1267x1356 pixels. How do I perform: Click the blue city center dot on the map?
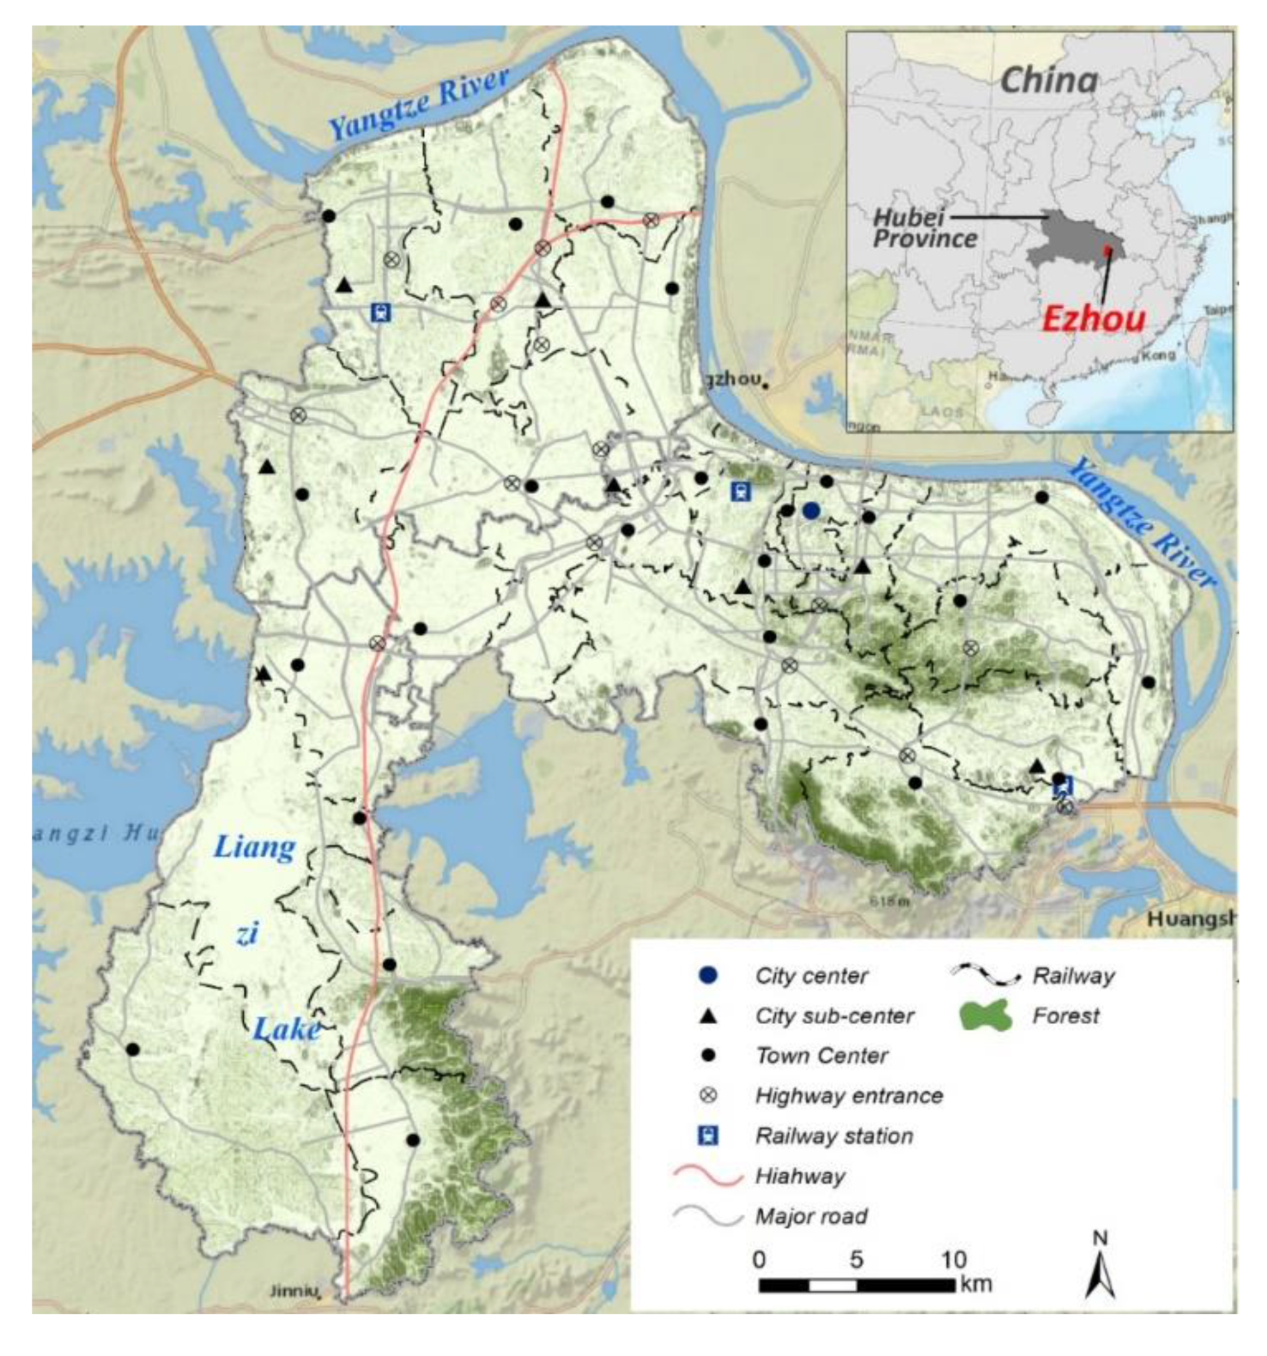click(810, 510)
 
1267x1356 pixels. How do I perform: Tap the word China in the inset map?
click(1049, 81)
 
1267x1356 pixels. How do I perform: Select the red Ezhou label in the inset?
click(1093, 318)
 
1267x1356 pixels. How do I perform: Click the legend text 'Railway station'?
click(834, 1136)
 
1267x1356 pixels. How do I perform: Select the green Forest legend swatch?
click(985, 1015)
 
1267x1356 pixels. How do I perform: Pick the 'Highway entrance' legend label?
click(849, 1095)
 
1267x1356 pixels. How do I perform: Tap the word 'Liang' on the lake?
click(255, 848)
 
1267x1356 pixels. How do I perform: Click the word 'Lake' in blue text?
click(286, 1028)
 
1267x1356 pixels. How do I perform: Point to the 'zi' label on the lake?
click(247, 935)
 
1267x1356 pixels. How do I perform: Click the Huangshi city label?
click(1191, 919)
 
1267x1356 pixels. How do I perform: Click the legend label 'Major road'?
click(811, 1216)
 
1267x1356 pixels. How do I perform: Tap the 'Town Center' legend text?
click(822, 1056)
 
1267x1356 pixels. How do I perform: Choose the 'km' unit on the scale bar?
click(975, 1284)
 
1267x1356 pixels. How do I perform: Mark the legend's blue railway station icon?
click(709, 1136)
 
